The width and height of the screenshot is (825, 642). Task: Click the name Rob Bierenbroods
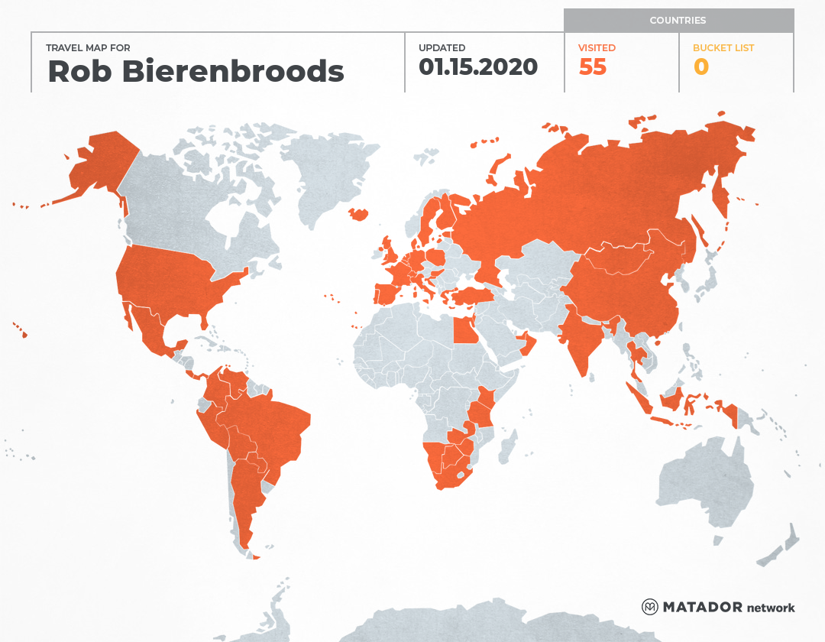click(x=196, y=71)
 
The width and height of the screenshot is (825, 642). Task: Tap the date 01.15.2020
click(x=478, y=66)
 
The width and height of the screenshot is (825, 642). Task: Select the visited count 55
click(x=593, y=67)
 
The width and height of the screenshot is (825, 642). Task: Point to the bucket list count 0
click(x=701, y=67)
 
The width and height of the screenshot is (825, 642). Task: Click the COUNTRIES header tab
click(x=678, y=21)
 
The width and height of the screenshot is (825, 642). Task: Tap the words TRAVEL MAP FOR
click(x=89, y=48)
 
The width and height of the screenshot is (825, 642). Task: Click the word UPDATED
click(x=442, y=48)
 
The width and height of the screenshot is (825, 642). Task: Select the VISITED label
click(x=597, y=48)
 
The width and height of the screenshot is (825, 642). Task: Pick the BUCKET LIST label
click(x=723, y=48)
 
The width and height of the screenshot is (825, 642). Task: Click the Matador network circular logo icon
click(x=649, y=608)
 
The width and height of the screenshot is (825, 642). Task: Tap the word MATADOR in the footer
click(x=702, y=608)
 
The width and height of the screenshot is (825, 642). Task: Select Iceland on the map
click(x=358, y=214)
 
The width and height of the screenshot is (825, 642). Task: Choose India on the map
click(x=581, y=336)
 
